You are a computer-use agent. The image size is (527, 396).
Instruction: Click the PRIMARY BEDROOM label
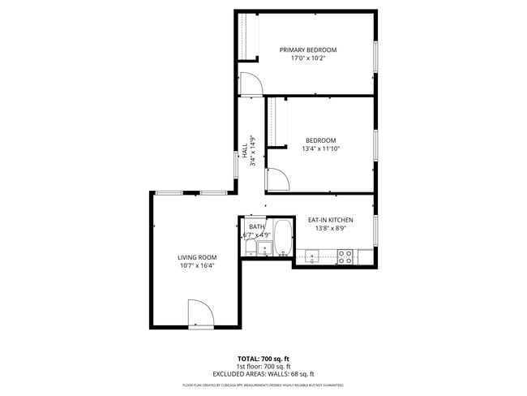pyautogui.click(x=307, y=49)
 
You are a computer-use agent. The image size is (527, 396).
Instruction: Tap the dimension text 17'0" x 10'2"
pyautogui.click(x=307, y=58)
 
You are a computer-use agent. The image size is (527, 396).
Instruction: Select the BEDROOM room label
pyautogui.click(x=320, y=140)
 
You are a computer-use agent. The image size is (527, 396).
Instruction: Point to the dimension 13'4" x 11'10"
pyautogui.click(x=320, y=148)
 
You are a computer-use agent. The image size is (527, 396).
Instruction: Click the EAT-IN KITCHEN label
pyautogui.click(x=330, y=220)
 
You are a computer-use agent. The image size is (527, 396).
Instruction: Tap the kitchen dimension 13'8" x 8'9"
pyautogui.click(x=330, y=228)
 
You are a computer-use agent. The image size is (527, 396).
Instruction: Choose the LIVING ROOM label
pyautogui.click(x=197, y=257)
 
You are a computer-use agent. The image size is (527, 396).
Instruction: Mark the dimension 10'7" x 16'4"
pyautogui.click(x=197, y=265)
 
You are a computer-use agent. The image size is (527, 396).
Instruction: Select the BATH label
pyautogui.click(x=256, y=227)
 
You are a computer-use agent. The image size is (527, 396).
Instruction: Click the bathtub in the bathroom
pyautogui.click(x=283, y=239)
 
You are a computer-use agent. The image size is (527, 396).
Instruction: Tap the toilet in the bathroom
pyautogui.click(x=264, y=248)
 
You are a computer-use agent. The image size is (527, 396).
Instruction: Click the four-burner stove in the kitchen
pyautogui.click(x=345, y=257)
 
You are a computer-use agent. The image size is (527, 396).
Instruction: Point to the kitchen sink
pyautogui.click(x=311, y=259)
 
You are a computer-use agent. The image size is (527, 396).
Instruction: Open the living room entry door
pyautogui.click(x=200, y=313)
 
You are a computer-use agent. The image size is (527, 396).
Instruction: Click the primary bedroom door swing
pyautogui.click(x=250, y=83)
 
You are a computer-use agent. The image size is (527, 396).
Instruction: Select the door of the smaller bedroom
pyautogui.click(x=276, y=179)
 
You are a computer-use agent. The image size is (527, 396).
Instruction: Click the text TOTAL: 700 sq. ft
pyautogui.click(x=263, y=359)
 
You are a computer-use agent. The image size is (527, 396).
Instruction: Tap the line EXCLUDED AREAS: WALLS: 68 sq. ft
pyautogui.click(x=263, y=374)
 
